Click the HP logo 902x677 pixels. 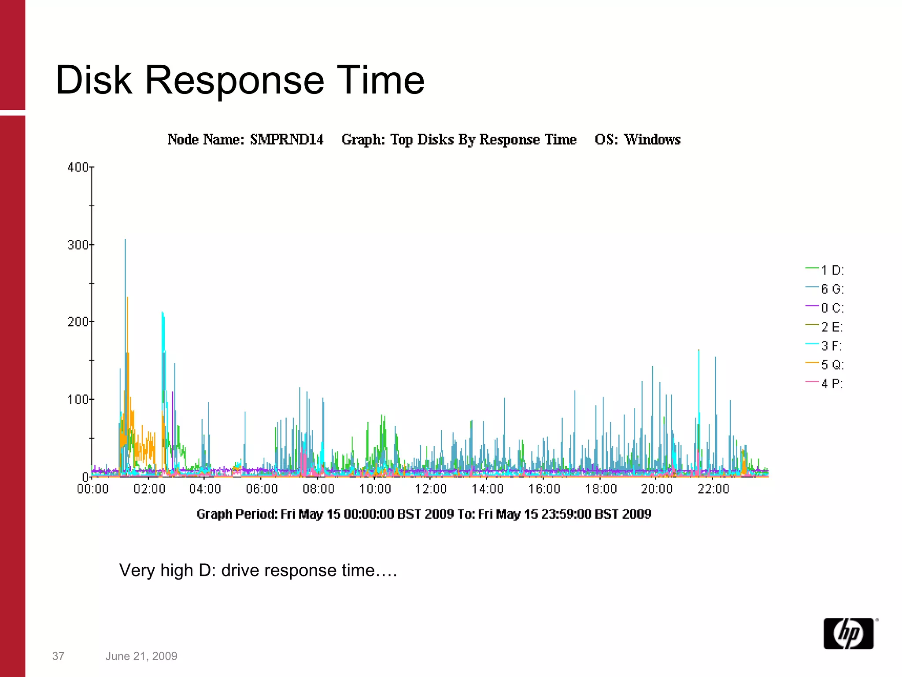pyautogui.click(x=848, y=633)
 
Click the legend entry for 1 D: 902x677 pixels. pyautogui.click(x=825, y=270)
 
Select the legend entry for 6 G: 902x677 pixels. pyautogui.click(x=825, y=289)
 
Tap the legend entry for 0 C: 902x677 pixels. pyautogui.click(x=825, y=308)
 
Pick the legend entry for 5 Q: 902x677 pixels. pyautogui.click(x=825, y=365)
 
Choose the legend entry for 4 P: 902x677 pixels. pyautogui.click(x=825, y=383)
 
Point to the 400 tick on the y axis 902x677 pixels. pyautogui.click(x=78, y=167)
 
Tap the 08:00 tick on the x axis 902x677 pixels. pyautogui.click(x=318, y=489)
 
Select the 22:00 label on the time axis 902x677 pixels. pyautogui.click(x=713, y=489)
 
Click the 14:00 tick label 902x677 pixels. pyautogui.click(x=488, y=489)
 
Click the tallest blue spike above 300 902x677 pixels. pyautogui.click(x=125, y=241)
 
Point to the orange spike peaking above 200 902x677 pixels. pyautogui.click(x=127, y=298)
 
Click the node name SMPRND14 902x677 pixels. pyautogui.click(x=287, y=140)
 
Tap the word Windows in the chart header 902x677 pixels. pyautogui.click(x=652, y=140)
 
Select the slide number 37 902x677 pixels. pyautogui.click(x=58, y=656)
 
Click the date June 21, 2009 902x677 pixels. pyautogui.click(x=141, y=656)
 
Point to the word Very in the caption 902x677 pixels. pyautogui.click(x=136, y=570)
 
